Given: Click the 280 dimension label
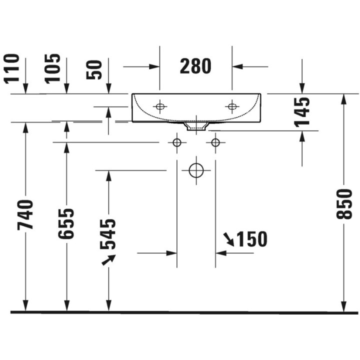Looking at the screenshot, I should [196, 66].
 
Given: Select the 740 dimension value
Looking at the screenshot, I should [25, 214].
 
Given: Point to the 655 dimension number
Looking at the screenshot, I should [66, 223].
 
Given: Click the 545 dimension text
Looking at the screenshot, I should [108, 233].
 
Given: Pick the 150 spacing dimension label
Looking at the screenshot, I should [252, 239].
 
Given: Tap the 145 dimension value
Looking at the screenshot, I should [302, 110].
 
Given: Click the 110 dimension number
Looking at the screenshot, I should [12, 68].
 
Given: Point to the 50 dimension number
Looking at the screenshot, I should [94, 69].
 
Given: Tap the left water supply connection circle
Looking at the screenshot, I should [176, 142].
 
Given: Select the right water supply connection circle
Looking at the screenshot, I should [215, 142].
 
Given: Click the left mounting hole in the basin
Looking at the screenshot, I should [160, 106].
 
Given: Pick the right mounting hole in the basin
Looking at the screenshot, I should [231, 106].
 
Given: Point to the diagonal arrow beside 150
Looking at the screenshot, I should [229, 239].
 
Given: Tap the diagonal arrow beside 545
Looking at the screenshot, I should [108, 259].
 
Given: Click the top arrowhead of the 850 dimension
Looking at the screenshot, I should [344, 98].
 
